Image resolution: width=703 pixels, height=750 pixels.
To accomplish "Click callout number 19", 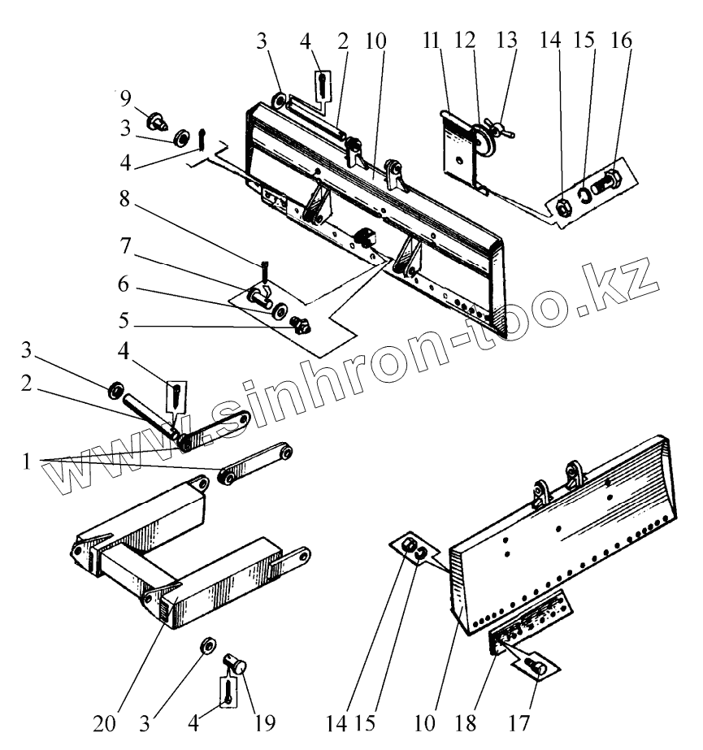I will [x=265, y=720].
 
